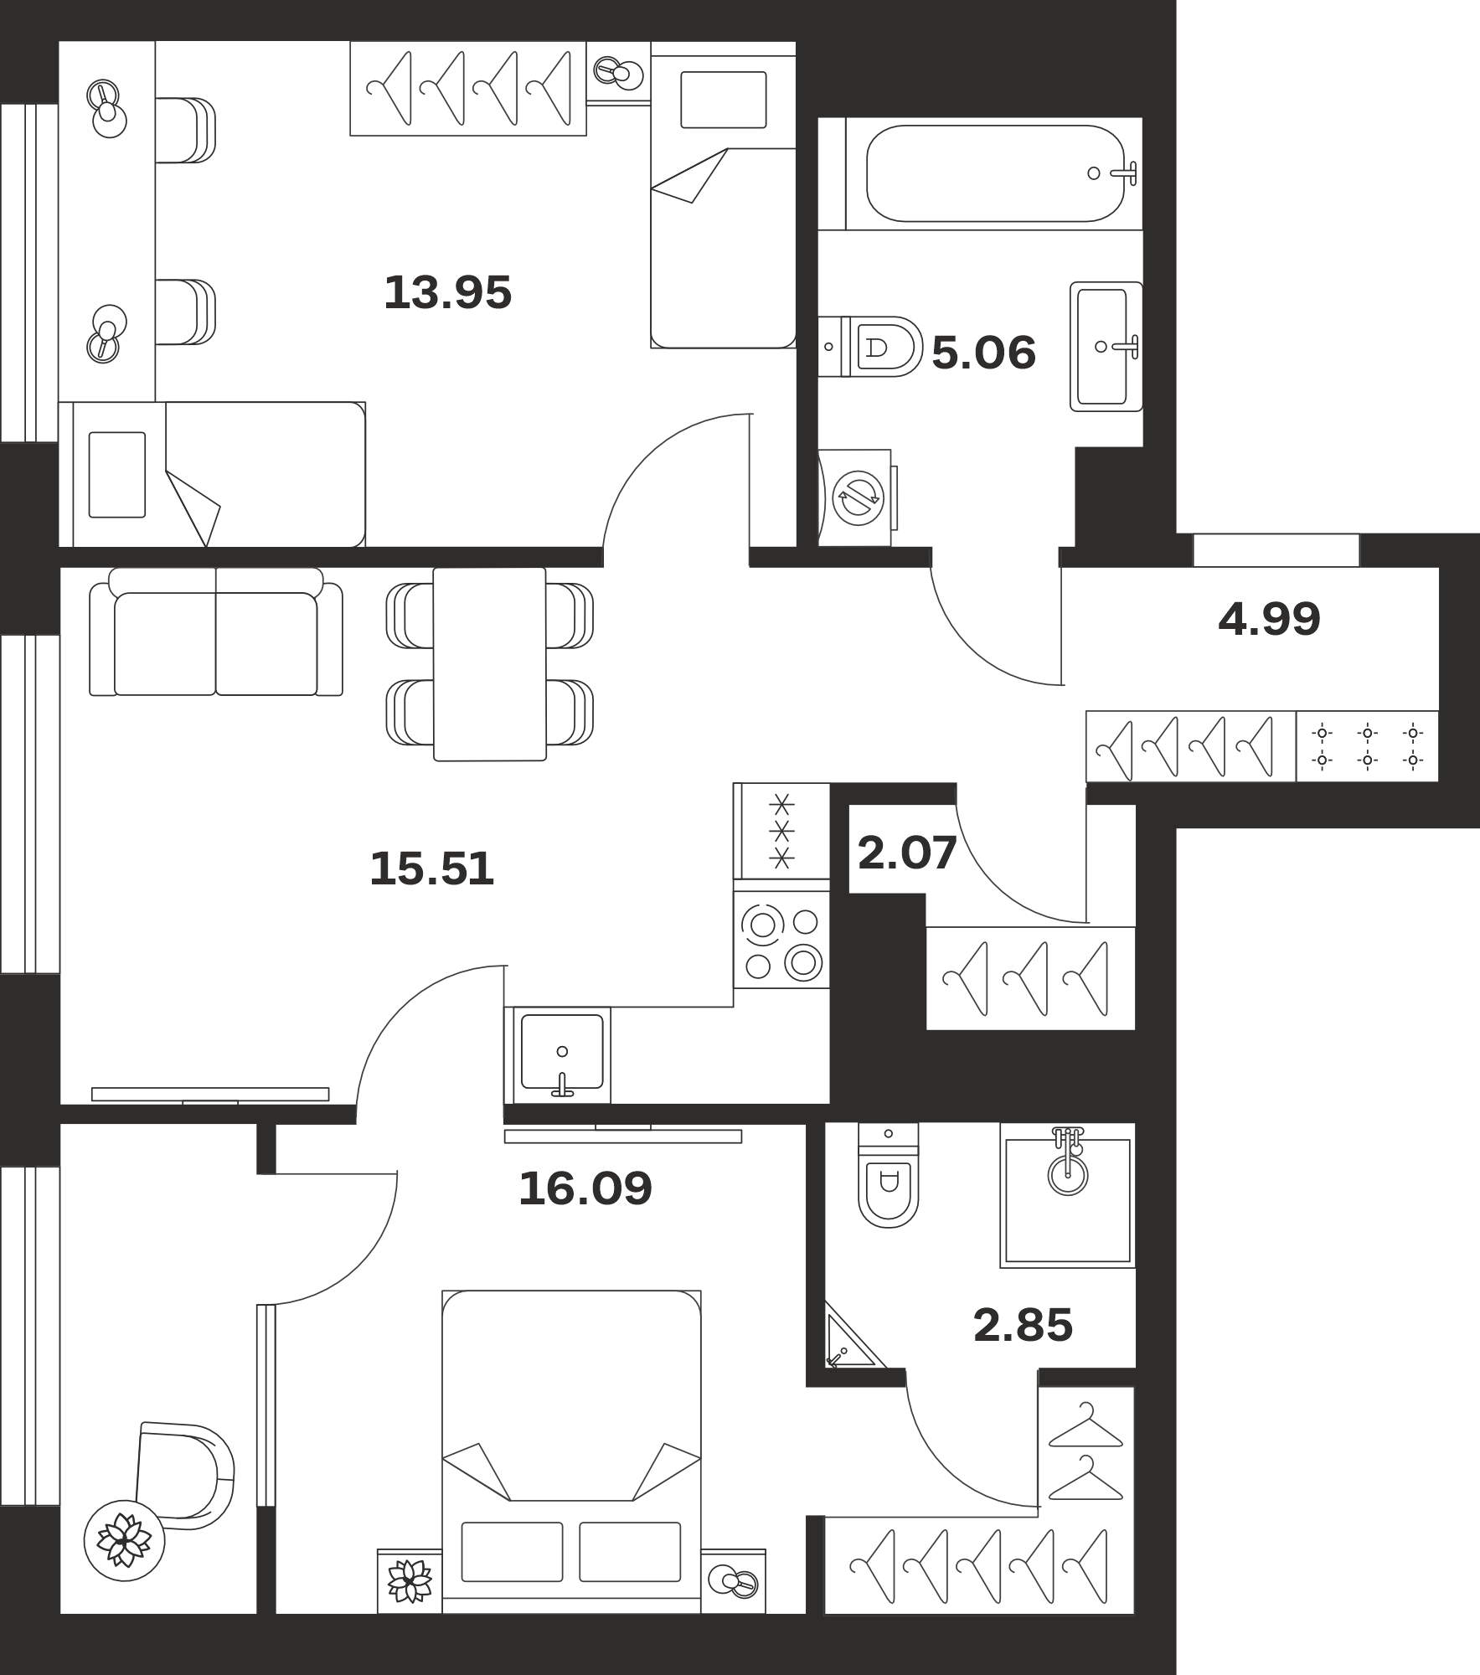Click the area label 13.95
[447, 293]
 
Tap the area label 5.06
[983, 353]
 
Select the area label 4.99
[1269, 619]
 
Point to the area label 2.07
[907, 853]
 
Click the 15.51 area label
[431, 868]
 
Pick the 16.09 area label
[585, 1188]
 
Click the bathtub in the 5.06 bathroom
[995, 173]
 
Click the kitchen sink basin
[561, 1052]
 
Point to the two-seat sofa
[216, 631]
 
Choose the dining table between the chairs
[490, 664]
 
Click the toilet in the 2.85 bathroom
[888, 1175]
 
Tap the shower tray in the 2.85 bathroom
[1068, 1194]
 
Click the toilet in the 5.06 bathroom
[870, 347]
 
